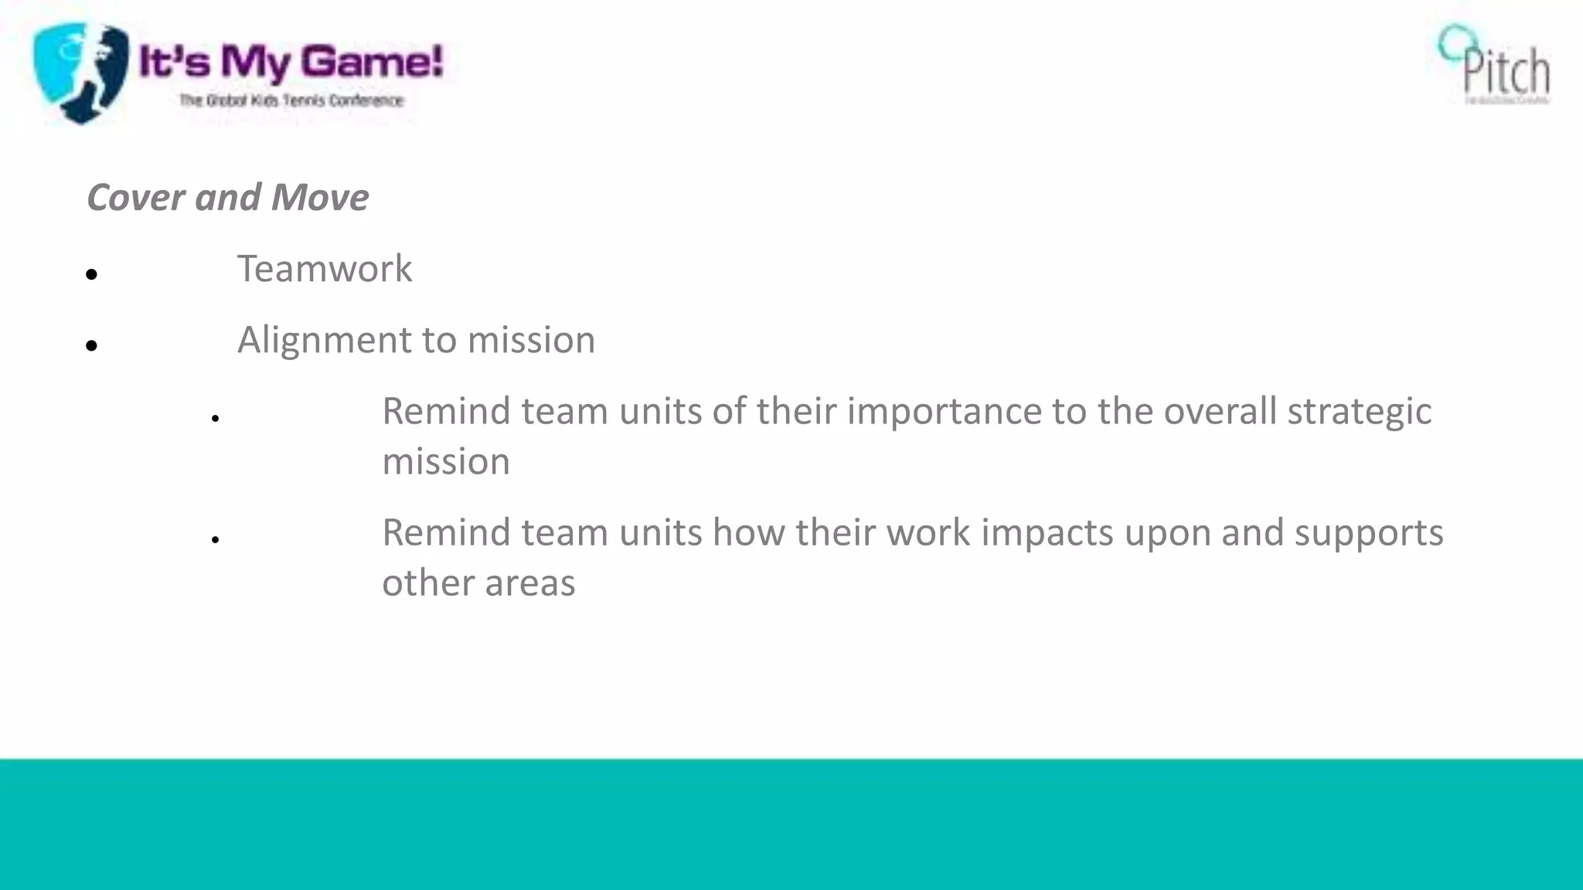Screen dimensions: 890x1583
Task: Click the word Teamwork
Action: (x=324, y=269)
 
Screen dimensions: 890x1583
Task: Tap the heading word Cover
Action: (x=135, y=197)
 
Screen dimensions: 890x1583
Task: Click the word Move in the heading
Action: (x=320, y=197)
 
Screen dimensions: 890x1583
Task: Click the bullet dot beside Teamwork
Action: (x=92, y=274)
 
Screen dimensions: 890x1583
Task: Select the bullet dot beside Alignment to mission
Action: (x=92, y=345)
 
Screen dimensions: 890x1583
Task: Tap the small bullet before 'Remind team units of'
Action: (x=216, y=418)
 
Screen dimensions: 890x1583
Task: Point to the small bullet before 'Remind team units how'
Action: (x=216, y=539)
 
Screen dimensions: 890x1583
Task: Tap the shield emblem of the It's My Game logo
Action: (x=80, y=72)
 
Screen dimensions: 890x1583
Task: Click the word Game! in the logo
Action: (x=372, y=61)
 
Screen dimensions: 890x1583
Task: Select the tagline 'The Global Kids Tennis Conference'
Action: (x=291, y=100)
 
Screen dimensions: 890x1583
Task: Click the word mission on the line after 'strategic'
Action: (x=446, y=462)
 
